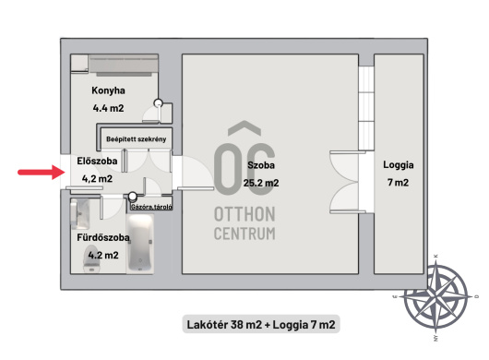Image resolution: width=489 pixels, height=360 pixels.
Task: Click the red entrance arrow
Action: pyautogui.click(x=42, y=173)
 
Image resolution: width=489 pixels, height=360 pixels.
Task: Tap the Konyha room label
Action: pyautogui.click(x=108, y=90)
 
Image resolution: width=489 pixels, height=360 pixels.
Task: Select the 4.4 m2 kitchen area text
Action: pyautogui.click(x=108, y=108)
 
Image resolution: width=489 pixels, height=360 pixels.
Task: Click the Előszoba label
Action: pyautogui.click(x=97, y=161)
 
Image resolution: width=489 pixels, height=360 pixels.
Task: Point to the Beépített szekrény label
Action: pyautogui.click(x=137, y=139)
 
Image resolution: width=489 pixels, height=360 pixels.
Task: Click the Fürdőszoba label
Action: pyautogui.click(x=103, y=237)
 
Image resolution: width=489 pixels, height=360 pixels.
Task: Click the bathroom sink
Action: pyautogui.click(x=80, y=214)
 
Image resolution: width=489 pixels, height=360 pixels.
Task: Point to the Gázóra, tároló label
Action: pyautogui.click(x=151, y=207)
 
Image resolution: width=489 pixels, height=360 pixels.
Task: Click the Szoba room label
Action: pyautogui.click(x=261, y=165)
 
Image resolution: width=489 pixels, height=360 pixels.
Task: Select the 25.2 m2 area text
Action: pyautogui.click(x=261, y=183)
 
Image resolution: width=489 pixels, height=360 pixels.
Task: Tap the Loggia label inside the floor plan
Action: pyautogui.click(x=399, y=165)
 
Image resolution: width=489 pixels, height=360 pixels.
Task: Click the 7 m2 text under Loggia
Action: pyautogui.click(x=398, y=182)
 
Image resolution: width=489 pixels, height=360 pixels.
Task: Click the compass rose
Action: pyautogui.click(x=435, y=297)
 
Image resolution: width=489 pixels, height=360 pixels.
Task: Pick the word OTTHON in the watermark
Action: pyautogui.click(x=244, y=214)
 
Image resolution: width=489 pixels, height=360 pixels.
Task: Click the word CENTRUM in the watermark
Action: pyautogui.click(x=244, y=234)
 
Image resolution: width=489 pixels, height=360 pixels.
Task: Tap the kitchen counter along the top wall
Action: pyautogui.click(x=124, y=65)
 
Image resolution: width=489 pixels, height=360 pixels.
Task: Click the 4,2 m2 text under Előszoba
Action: pyautogui.click(x=97, y=179)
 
